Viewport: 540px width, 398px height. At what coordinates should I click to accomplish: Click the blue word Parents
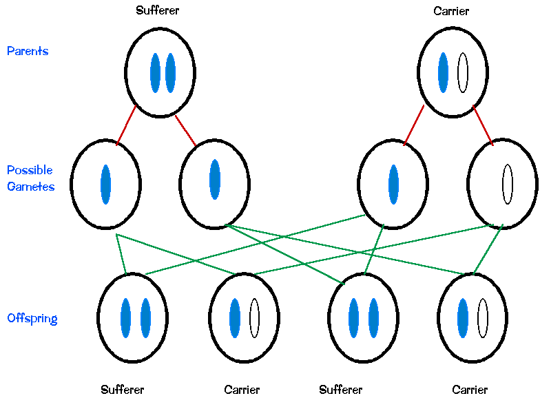[x=28, y=51]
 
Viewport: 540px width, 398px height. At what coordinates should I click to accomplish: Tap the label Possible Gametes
[x=30, y=178]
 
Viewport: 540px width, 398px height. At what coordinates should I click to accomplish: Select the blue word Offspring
[x=32, y=318]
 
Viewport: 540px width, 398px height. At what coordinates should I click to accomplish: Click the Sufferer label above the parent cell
[x=157, y=10]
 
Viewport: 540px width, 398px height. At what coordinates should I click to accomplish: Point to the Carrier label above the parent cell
[x=451, y=10]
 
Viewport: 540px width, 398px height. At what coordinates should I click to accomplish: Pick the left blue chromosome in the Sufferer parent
[x=155, y=72]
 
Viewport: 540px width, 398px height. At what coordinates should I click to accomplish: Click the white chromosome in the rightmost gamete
[x=508, y=184]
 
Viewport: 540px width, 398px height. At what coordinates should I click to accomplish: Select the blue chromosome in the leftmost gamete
[x=105, y=184]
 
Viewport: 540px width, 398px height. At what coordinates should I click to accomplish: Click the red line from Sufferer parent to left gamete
[x=126, y=125]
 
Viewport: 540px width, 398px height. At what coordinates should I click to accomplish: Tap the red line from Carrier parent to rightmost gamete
[x=483, y=125]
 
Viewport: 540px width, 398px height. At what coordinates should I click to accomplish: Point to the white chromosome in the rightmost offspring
[x=482, y=318]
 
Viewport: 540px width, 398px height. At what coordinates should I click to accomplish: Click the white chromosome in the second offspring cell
[x=254, y=318]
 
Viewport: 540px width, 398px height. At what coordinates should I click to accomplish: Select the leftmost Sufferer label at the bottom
[x=122, y=390]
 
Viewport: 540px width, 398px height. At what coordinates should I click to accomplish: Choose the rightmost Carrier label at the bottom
[x=470, y=390]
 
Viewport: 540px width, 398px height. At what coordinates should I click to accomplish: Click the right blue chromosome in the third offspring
[x=373, y=318]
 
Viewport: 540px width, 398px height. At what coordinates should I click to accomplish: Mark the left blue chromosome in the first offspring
[x=125, y=318]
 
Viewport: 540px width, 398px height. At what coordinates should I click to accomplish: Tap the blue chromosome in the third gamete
[x=393, y=184]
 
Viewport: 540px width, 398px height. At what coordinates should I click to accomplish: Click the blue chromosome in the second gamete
[x=215, y=179]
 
